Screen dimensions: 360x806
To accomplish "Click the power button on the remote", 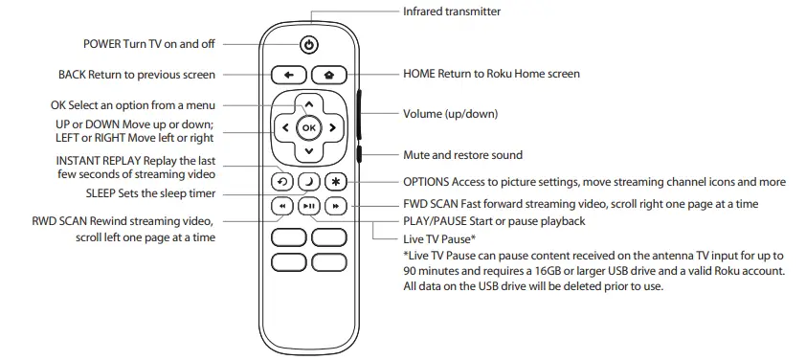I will (x=307, y=45).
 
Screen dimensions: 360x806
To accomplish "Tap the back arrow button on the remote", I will (x=287, y=74).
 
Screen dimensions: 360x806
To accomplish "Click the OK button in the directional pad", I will (x=307, y=126).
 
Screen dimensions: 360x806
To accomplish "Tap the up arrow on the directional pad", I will (x=307, y=103).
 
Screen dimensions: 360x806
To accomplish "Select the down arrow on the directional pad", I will (x=307, y=150).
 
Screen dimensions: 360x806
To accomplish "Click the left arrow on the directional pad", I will (x=284, y=126).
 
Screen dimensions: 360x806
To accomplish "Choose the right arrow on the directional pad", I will (x=331, y=126).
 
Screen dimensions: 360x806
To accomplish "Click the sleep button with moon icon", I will (x=307, y=181).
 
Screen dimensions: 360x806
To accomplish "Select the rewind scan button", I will (x=282, y=206).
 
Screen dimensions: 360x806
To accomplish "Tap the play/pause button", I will (x=307, y=206).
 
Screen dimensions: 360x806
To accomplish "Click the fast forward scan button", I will (x=334, y=206).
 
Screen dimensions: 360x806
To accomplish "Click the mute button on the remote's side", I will (x=358, y=153).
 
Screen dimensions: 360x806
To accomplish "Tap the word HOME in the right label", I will (x=419, y=74).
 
